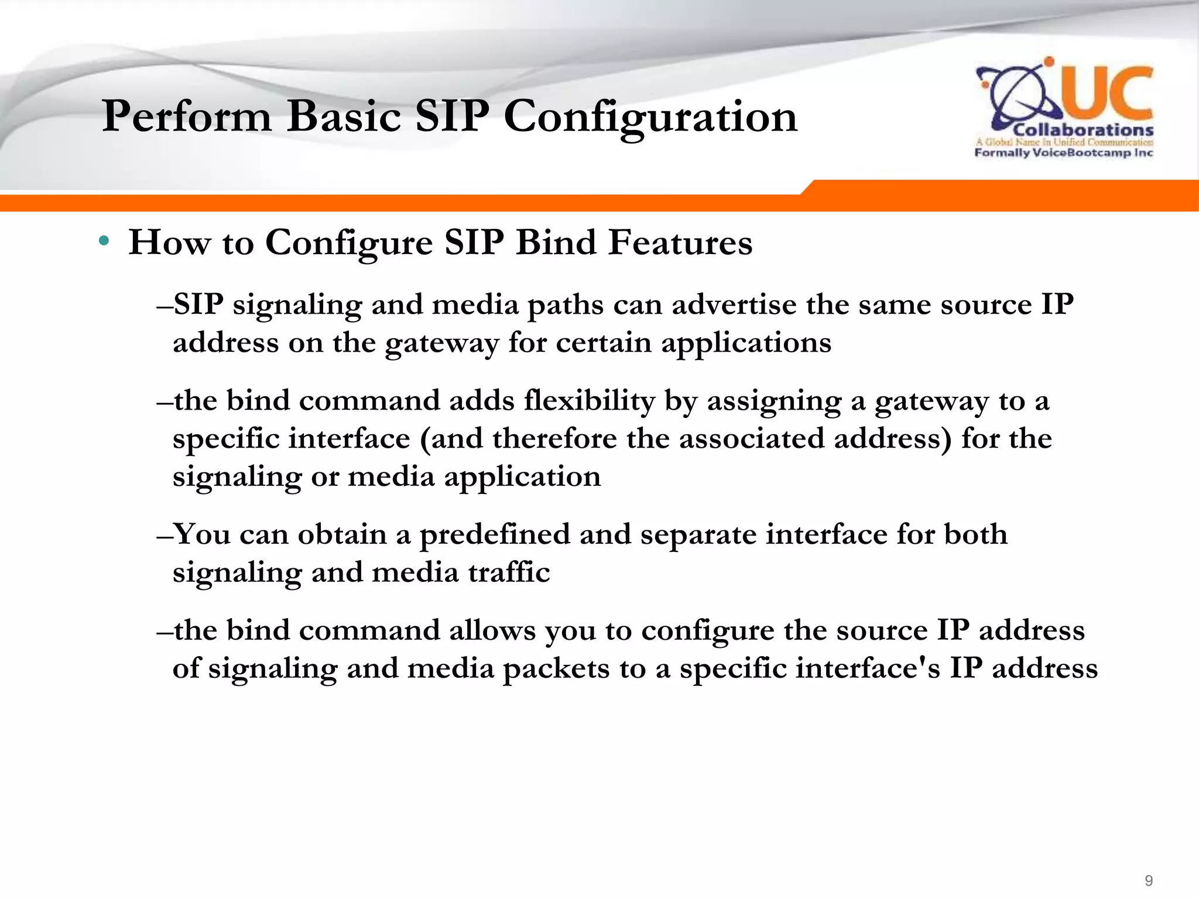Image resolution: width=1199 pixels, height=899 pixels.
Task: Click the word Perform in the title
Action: (x=187, y=116)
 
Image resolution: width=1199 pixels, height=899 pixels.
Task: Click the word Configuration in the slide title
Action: (x=650, y=116)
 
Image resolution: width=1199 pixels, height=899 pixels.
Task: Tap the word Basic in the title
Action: (x=344, y=116)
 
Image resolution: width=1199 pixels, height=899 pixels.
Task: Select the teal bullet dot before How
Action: (x=104, y=241)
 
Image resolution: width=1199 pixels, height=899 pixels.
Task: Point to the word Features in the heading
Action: (x=680, y=242)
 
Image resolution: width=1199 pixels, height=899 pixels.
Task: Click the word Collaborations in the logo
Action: (x=1083, y=130)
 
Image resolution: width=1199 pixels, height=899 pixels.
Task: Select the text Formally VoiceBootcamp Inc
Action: (x=1063, y=153)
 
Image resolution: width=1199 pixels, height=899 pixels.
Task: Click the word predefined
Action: (x=495, y=534)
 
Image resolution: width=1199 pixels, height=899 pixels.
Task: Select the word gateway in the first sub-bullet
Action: (x=441, y=344)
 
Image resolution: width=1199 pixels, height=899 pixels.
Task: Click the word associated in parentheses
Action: (x=752, y=438)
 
